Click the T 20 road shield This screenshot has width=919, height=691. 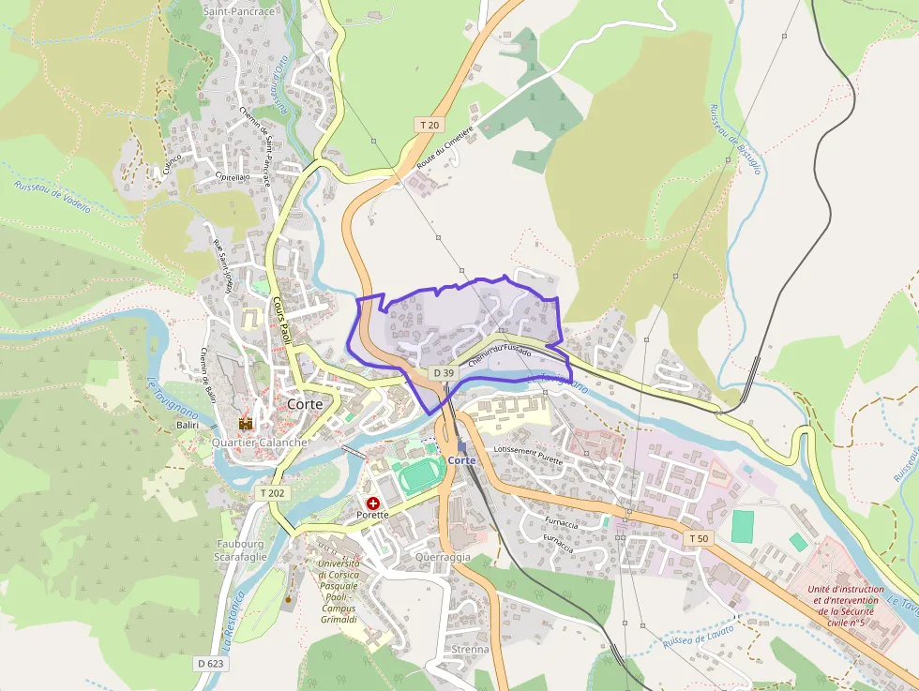click(x=429, y=125)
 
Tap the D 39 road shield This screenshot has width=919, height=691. click(x=444, y=373)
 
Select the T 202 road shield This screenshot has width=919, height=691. click(x=272, y=492)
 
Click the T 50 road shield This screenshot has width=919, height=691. click(x=699, y=538)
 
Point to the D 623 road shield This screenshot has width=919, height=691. click(x=210, y=663)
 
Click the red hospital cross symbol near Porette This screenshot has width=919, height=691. click(x=373, y=503)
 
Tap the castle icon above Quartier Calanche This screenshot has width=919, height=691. click(x=246, y=425)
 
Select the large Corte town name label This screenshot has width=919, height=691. click(x=305, y=403)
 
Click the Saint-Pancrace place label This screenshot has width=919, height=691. click(x=239, y=12)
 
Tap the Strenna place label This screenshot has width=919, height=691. click(x=470, y=649)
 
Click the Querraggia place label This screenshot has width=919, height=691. click(x=443, y=556)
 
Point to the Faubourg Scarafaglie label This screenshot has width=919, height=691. click(x=242, y=549)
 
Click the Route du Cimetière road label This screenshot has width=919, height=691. click(x=445, y=147)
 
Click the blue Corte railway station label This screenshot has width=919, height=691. click(x=461, y=460)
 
